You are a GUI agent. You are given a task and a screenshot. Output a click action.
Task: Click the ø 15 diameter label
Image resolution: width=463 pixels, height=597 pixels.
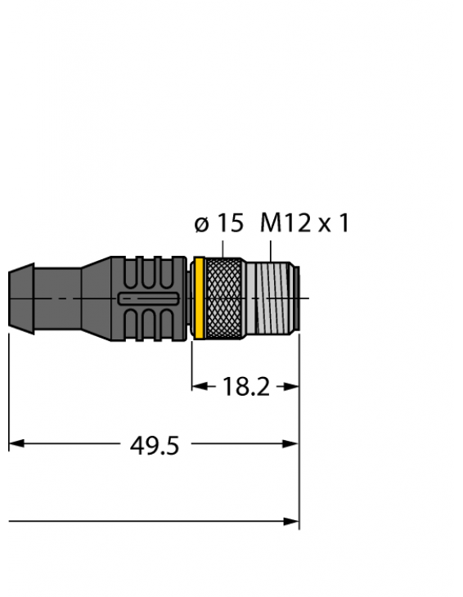(x=218, y=222)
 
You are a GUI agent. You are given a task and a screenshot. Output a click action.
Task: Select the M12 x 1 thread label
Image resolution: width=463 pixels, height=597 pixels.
(x=304, y=222)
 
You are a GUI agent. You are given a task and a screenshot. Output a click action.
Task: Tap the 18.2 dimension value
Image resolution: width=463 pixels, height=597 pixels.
(x=245, y=387)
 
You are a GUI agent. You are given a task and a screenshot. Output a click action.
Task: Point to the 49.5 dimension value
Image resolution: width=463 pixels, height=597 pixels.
(x=155, y=446)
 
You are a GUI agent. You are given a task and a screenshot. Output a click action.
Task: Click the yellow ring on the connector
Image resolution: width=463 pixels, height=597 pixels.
(x=197, y=298)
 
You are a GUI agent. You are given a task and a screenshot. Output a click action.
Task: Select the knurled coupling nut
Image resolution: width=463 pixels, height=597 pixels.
(x=223, y=298)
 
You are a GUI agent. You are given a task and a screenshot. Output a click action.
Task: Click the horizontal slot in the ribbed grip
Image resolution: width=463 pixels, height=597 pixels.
(x=150, y=299)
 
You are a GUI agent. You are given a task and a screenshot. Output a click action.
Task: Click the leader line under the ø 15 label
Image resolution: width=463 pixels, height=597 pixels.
(x=223, y=248)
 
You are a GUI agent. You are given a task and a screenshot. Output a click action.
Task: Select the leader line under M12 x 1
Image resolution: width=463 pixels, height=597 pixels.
(x=270, y=248)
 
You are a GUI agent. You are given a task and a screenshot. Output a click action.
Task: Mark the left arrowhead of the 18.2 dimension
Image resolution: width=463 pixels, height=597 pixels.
(x=198, y=387)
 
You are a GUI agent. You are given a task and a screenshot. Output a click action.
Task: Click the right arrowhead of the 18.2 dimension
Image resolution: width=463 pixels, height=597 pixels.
(x=292, y=387)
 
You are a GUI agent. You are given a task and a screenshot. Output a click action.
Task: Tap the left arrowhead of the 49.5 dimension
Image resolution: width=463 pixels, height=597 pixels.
(x=16, y=444)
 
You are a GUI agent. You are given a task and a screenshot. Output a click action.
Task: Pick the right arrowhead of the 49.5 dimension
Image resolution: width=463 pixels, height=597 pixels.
(x=292, y=444)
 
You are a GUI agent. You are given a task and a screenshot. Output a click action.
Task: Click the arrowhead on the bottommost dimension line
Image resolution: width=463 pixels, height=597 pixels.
(x=292, y=520)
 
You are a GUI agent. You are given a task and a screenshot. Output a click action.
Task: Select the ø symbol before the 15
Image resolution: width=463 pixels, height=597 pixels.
(x=201, y=223)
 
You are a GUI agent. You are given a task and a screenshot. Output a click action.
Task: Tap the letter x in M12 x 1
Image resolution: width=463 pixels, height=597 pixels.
(x=324, y=224)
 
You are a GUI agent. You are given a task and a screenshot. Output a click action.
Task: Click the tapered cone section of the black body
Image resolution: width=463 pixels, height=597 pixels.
(x=96, y=298)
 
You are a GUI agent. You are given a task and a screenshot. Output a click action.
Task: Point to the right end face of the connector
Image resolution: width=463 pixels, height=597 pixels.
(x=298, y=298)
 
